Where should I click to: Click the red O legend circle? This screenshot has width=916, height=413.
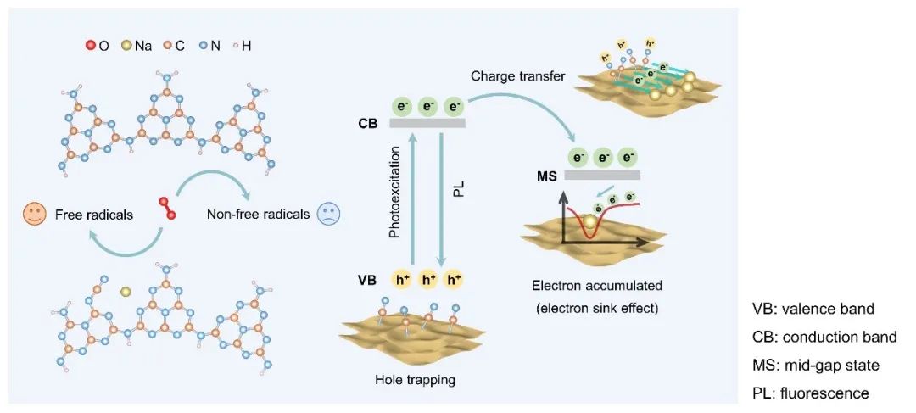point(91,47)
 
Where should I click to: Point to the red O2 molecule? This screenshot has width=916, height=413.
point(165,208)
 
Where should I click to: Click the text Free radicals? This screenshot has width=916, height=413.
point(103,215)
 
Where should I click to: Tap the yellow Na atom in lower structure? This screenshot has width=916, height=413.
point(126,292)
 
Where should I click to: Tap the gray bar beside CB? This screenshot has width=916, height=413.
point(427,124)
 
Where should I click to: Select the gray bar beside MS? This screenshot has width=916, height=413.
point(601,176)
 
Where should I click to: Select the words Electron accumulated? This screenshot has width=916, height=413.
point(591,287)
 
